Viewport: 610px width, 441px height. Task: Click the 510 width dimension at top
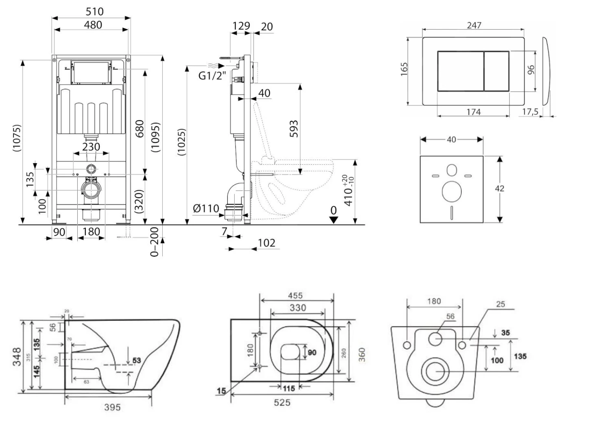pos(94,11)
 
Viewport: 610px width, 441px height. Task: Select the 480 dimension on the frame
pos(93,25)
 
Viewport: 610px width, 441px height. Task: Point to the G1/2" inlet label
pos(212,76)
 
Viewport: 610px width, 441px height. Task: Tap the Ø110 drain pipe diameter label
pos(206,209)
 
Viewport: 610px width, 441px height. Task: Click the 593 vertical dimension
pos(294,129)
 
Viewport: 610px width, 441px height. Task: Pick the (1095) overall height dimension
pos(155,138)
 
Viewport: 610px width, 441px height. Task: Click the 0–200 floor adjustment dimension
pos(155,242)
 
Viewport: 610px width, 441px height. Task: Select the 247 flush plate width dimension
pos(474,25)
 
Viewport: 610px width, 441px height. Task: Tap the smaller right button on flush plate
pos(497,71)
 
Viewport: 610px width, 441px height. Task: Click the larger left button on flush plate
pos(460,71)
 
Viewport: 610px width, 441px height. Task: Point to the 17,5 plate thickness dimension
pos(530,111)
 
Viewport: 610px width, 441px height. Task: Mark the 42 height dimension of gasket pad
pos(499,188)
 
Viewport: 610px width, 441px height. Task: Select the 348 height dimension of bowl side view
pos(17,357)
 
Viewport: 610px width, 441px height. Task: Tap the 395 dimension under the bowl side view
pos(112,407)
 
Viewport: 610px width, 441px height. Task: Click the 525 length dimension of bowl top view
pos(282,402)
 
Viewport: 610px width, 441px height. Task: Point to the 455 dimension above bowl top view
pos(295,296)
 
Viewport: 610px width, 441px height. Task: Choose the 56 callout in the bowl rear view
pos(450,317)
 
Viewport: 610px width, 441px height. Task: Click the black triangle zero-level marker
pos(333,220)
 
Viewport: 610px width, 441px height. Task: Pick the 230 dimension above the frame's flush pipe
pos(91,146)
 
